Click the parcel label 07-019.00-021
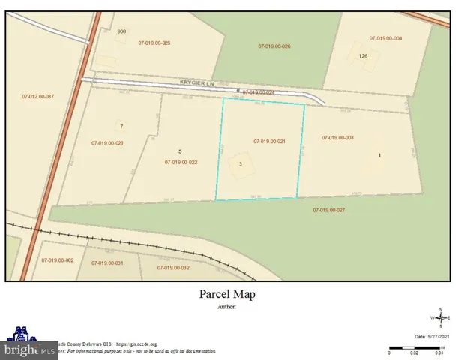point(269,142)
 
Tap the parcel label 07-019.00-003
point(337,138)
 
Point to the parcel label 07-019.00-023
point(107,143)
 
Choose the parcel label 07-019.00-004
point(385,38)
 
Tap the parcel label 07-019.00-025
point(154,43)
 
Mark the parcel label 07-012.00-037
point(38,97)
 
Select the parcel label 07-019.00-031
point(107,263)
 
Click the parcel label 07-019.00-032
point(173,268)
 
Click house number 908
point(121,31)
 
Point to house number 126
point(363,55)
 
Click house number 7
point(121,126)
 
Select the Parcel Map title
point(232,294)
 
